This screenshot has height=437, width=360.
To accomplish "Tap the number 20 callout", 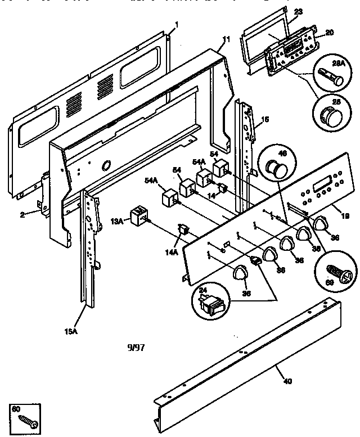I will pyautogui.click(x=330, y=33).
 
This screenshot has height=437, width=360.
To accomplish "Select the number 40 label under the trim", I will pyautogui.click(x=287, y=382).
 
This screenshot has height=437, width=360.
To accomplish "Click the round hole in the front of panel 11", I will pyautogui.click(x=105, y=165).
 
